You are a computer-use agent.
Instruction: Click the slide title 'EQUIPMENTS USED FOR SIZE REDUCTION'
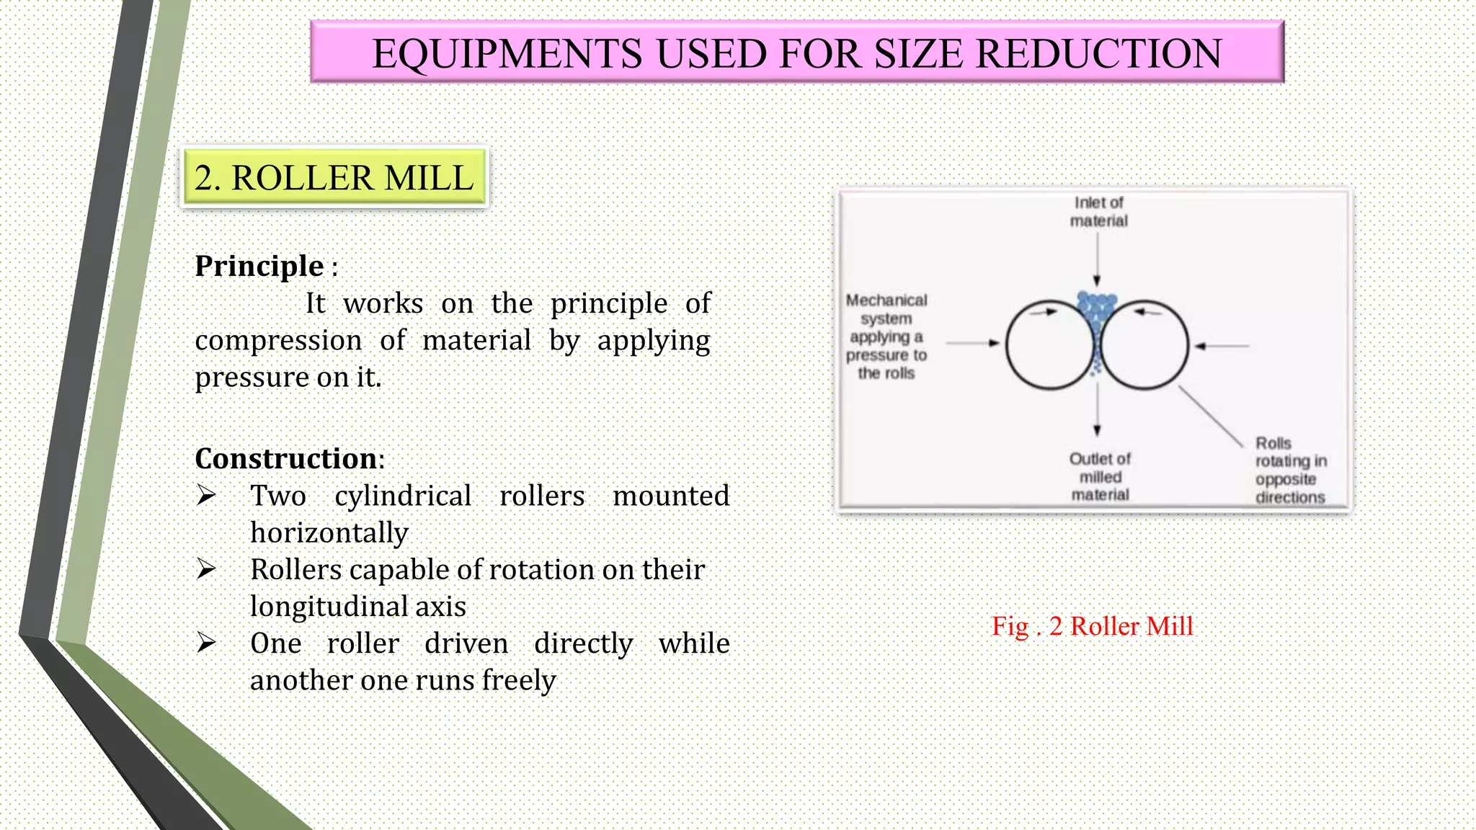point(796,53)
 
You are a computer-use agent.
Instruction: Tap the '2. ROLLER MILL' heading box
point(334,178)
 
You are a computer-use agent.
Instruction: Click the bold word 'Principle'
point(259,266)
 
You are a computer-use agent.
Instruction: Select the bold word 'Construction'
point(286,458)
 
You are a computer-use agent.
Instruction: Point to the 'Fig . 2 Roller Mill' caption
point(1092,626)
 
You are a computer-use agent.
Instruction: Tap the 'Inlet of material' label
point(1098,212)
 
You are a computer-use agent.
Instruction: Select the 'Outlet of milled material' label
point(1100,476)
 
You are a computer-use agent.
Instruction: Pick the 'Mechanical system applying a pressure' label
point(886,336)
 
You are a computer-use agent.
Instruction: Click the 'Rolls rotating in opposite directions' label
point(1290,470)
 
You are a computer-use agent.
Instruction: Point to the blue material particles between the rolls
point(1096,317)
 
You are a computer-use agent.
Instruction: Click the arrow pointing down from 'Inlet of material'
point(1097,259)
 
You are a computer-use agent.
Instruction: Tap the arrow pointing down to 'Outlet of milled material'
point(1097,411)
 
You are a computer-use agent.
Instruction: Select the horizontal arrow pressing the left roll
point(973,344)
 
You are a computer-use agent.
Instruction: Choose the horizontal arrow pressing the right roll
point(1222,346)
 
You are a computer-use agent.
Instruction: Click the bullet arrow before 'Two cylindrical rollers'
point(206,496)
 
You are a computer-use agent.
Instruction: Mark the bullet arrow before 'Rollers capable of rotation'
point(206,569)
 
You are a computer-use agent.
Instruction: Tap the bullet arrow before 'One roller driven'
point(206,643)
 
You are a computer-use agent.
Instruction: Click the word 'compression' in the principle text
point(278,340)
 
